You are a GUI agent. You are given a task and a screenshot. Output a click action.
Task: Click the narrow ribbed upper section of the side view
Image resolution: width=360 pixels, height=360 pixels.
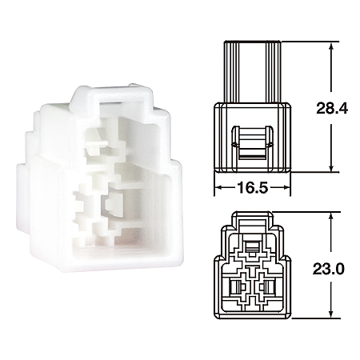pyautogui.click(x=251, y=72)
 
